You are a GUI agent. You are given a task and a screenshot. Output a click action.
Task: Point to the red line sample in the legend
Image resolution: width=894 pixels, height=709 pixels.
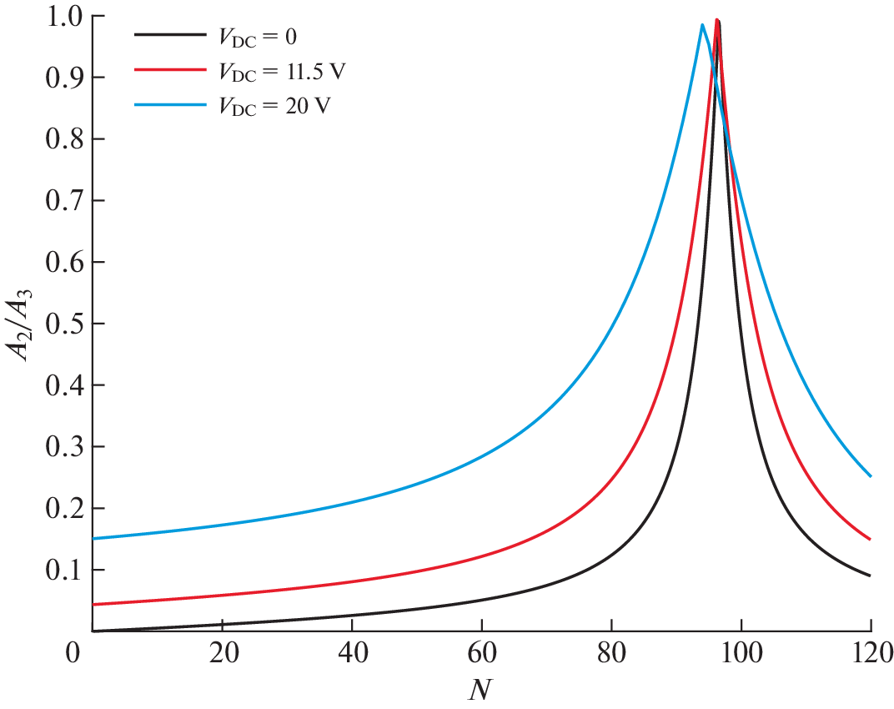pos(169,70)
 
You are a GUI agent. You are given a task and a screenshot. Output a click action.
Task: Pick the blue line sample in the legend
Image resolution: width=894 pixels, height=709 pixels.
pos(169,105)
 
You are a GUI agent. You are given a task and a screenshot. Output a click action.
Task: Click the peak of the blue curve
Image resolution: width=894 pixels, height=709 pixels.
pos(702,25)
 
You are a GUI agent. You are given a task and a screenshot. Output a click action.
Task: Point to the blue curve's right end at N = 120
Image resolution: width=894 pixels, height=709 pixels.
pos(871,476)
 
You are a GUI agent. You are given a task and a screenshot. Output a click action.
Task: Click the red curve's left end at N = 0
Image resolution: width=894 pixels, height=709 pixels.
pos(92,605)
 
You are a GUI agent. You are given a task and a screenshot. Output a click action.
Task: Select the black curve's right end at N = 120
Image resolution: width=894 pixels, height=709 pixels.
pos(871,576)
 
